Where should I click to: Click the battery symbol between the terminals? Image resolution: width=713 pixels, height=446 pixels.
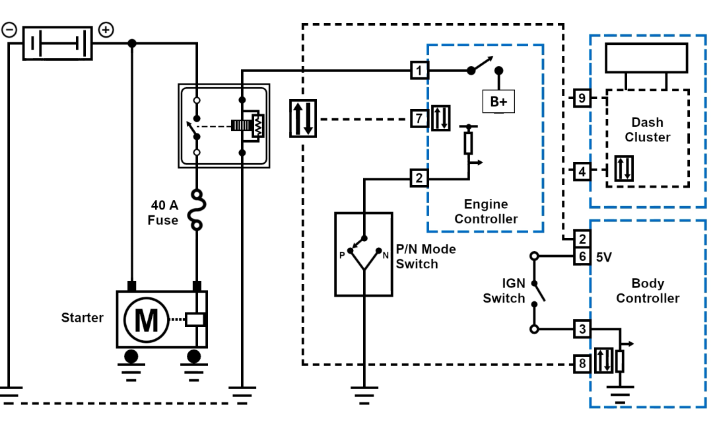click(57, 43)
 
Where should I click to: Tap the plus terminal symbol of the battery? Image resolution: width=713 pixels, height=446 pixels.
click(106, 30)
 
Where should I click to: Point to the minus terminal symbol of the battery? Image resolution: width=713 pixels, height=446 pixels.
click(9, 30)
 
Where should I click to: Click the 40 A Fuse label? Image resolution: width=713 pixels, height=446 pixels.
click(163, 213)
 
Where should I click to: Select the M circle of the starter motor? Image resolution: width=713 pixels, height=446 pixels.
click(146, 320)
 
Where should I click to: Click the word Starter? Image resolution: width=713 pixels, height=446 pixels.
click(82, 318)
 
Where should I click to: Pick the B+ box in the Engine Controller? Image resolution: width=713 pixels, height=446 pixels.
click(498, 102)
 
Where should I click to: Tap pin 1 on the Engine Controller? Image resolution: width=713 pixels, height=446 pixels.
click(419, 69)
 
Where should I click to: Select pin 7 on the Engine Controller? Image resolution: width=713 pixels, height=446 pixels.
click(419, 119)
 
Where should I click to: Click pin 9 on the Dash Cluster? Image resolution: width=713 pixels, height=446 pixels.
click(581, 98)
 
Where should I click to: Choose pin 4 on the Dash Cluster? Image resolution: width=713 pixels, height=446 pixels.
click(581, 172)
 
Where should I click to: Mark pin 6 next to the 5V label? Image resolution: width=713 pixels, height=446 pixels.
click(581, 256)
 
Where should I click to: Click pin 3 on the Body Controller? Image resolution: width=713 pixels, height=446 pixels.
click(581, 328)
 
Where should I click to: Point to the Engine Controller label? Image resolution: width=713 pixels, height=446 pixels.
click(486, 211)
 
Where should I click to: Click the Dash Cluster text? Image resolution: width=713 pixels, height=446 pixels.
click(647, 130)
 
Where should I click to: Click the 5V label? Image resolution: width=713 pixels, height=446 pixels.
click(603, 256)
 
